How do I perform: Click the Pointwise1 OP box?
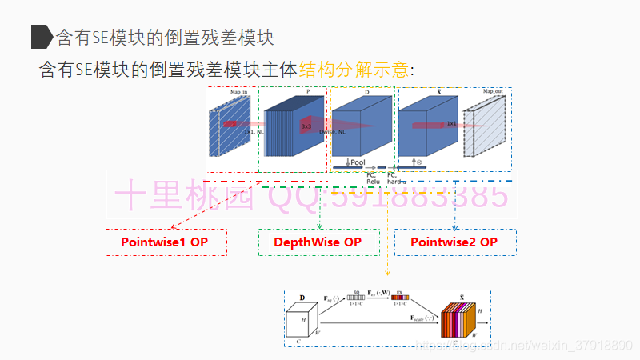click(x=166, y=242)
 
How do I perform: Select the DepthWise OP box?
click(x=318, y=242)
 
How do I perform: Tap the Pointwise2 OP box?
click(x=454, y=242)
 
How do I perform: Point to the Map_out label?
click(x=493, y=92)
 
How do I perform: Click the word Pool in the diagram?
click(x=357, y=162)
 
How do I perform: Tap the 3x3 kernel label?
click(x=306, y=126)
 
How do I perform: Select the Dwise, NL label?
click(x=332, y=132)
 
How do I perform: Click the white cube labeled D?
click(x=302, y=322)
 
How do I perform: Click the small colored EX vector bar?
click(x=400, y=298)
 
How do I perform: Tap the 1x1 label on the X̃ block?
click(x=452, y=124)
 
